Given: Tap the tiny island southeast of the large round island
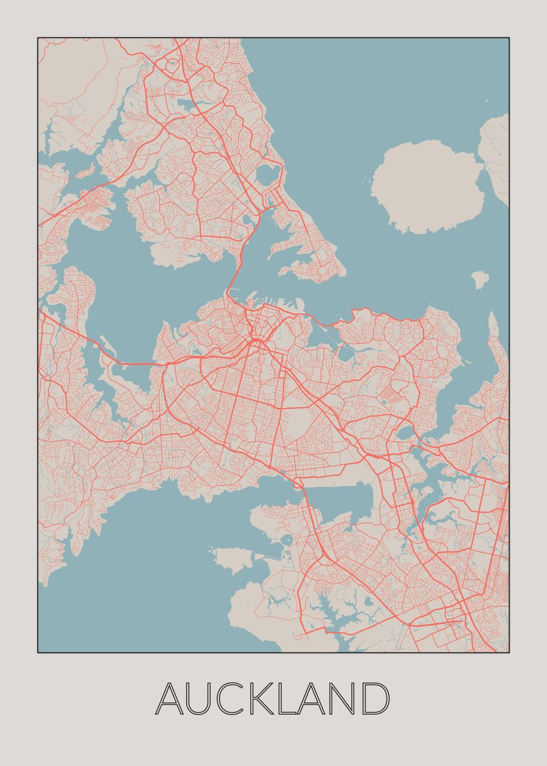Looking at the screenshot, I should tap(479, 278).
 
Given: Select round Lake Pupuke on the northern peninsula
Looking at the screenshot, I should tap(268, 174).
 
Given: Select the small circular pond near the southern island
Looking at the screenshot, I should tap(286, 540).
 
